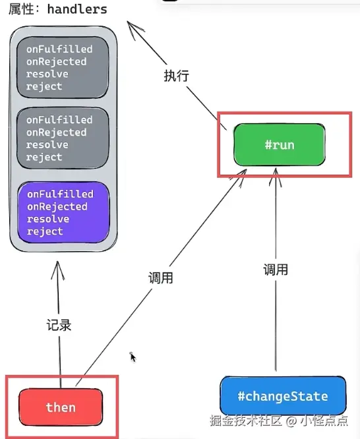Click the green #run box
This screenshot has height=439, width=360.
280,145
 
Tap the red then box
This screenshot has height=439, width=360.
61,407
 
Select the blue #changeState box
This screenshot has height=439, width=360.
283,396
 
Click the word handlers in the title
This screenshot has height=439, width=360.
77,9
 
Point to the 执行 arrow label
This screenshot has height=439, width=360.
176,76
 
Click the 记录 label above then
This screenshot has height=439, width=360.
59,325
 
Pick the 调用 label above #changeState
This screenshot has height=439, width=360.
276,270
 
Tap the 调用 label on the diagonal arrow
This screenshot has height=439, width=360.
160,278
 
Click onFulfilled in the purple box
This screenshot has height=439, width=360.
60,194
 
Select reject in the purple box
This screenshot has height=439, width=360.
45,231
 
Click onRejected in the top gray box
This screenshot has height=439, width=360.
57,61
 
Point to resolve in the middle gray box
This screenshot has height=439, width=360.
47,145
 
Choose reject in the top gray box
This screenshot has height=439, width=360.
44,86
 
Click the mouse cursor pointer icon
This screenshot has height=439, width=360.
133,357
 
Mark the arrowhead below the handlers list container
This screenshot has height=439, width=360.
58,270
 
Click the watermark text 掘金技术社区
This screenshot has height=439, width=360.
246,421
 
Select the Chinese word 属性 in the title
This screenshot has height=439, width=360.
21,9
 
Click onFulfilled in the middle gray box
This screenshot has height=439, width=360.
59,120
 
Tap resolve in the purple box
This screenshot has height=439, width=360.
48,219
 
